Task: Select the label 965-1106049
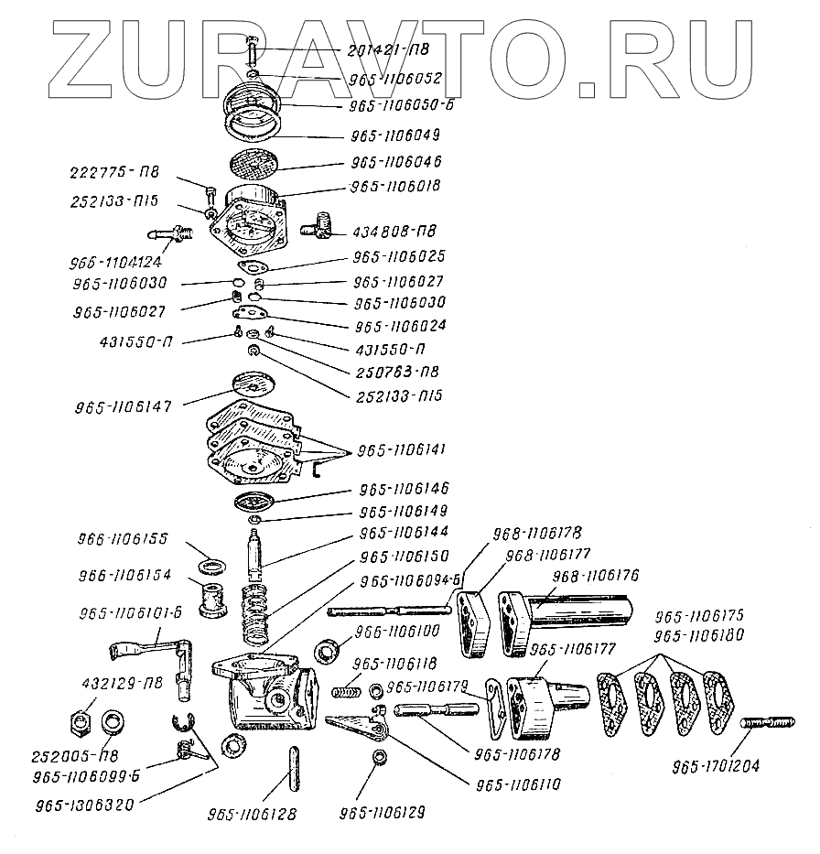[395, 135]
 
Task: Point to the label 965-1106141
[402, 450]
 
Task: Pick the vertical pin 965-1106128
[293, 767]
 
